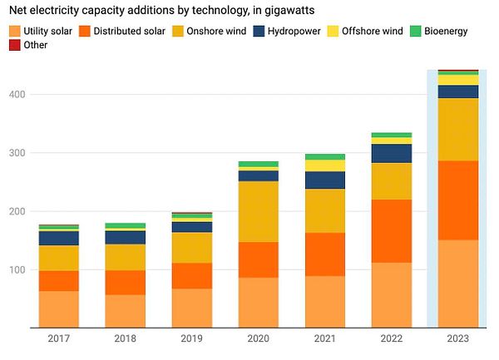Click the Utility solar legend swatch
tap(15, 32)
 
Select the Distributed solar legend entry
tap(130, 32)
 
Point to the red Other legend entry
tap(30, 45)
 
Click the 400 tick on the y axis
tap(18, 95)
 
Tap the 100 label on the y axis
tap(18, 270)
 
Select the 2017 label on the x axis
tap(58, 338)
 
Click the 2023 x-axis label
tap(457, 338)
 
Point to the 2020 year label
tap(258, 338)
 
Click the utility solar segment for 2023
tap(457, 284)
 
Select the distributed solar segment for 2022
tap(391, 231)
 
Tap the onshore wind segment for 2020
tap(258, 211)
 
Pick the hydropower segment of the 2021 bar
tap(324, 180)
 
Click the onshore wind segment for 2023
tap(457, 129)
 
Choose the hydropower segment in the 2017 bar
tap(58, 238)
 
